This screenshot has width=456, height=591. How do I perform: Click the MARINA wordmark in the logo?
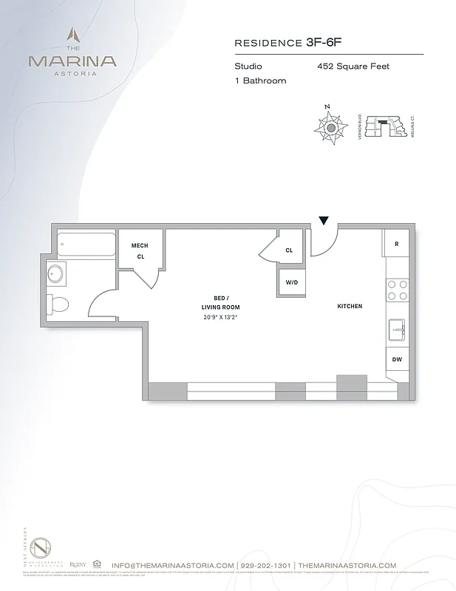pos(72,60)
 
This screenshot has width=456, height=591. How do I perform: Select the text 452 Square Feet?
pos(353,66)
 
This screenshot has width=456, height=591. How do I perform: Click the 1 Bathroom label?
pos(260,81)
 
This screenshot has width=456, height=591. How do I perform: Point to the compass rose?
pos(330,127)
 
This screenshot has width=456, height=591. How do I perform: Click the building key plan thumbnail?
pos(384,127)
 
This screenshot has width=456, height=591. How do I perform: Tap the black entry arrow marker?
pos(324,220)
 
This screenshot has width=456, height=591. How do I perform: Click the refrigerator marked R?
pos(396,244)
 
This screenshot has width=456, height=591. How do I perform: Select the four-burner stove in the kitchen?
pos(398,290)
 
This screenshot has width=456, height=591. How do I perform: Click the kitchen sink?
pos(397,329)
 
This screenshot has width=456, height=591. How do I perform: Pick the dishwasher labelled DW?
pos(397,359)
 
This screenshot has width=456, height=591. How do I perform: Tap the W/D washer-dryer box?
pos(291,281)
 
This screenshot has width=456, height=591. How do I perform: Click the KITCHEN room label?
pos(350,306)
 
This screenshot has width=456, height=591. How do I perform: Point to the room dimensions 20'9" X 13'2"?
pos(221,317)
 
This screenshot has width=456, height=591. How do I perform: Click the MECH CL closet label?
pos(140,251)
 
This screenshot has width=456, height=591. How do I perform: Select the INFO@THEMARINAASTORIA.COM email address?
pos(174,565)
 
